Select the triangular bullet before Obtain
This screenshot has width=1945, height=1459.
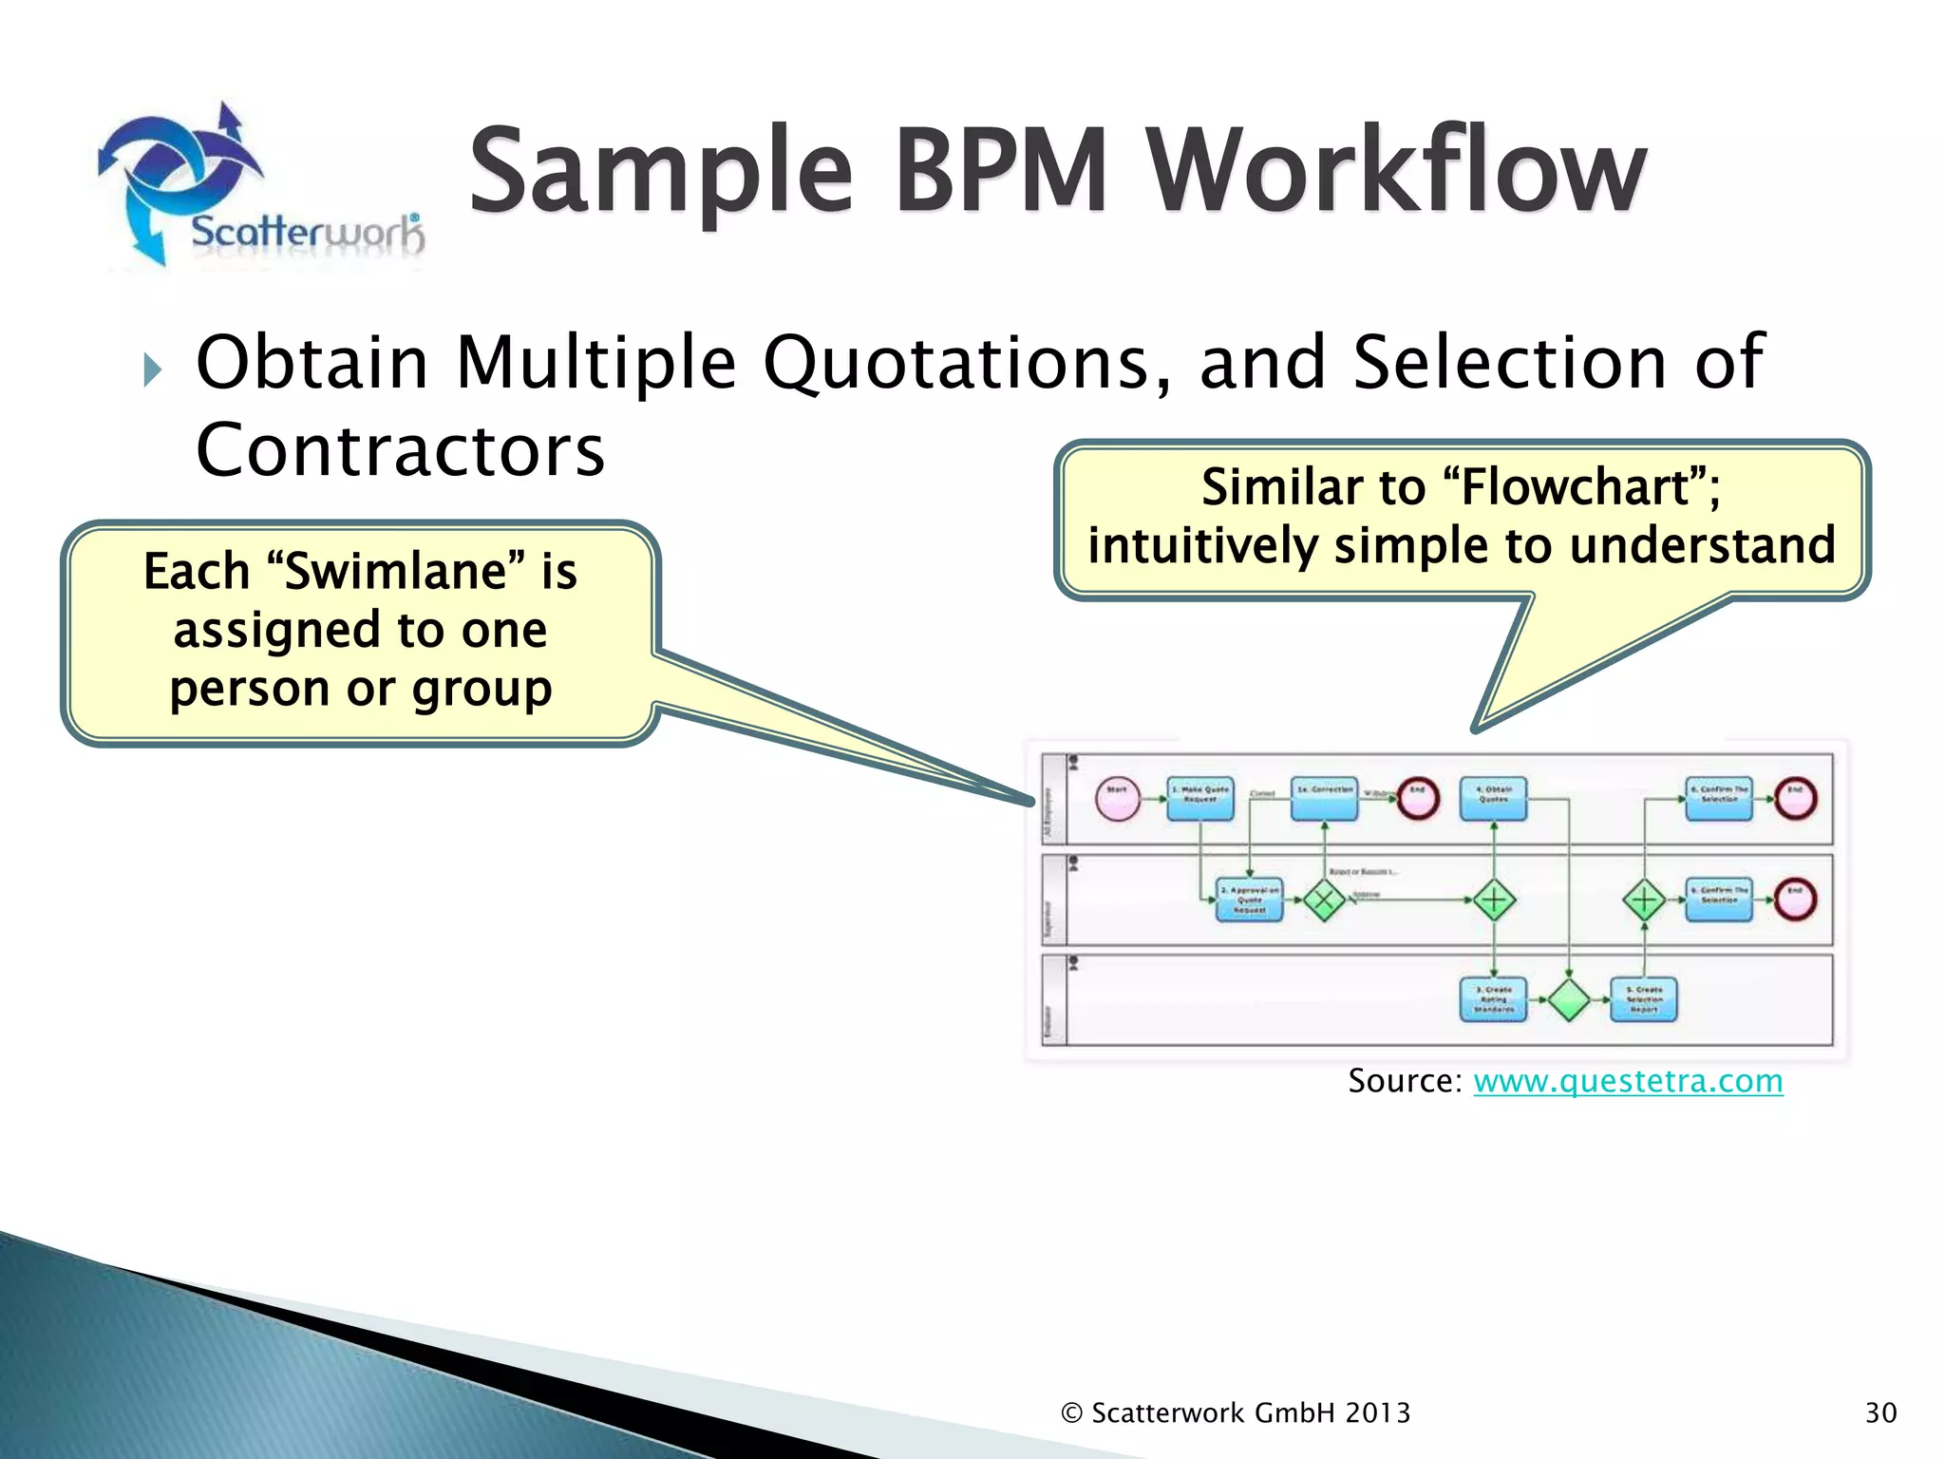[153, 369]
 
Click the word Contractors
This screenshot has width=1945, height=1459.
[400, 450]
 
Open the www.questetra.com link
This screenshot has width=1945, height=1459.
[1628, 1081]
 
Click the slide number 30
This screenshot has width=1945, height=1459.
[1880, 1412]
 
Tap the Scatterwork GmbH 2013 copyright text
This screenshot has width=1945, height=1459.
[1236, 1412]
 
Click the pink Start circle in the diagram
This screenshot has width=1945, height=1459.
[1117, 798]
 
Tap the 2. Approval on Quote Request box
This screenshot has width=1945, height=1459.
[1249, 900]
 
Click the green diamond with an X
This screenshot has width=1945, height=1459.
[1324, 900]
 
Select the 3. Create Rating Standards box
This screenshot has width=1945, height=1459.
[1493, 999]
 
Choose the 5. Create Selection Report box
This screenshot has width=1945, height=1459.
[1644, 999]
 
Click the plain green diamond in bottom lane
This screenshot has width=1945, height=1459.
[1569, 999]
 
